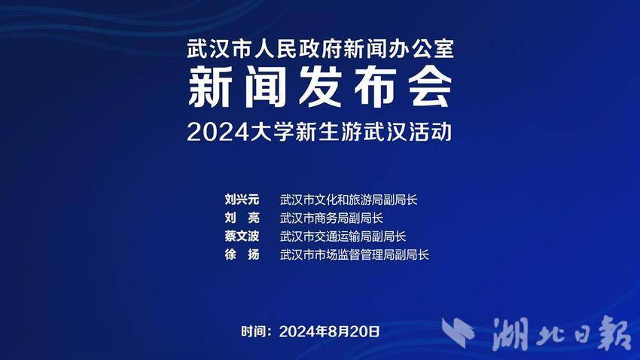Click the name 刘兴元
[x=242, y=200]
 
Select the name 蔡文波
[x=242, y=236]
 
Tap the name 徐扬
[x=242, y=255]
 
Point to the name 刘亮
[x=242, y=218]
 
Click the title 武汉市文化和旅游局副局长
[x=349, y=200]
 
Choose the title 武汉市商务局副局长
[x=331, y=218]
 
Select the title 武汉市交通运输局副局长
[x=343, y=236]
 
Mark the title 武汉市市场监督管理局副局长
[x=355, y=255]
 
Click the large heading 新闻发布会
[x=320, y=87]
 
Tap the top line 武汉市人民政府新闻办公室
[x=320, y=49]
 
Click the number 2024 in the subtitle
[x=218, y=132]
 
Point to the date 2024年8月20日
[x=329, y=331]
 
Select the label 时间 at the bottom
[x=253, y=331]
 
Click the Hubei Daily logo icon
[x=458, y=332]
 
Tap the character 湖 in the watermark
[x=510, y=334]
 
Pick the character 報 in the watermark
[x=614, y=333]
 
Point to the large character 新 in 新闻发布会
[x=210, y=87]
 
